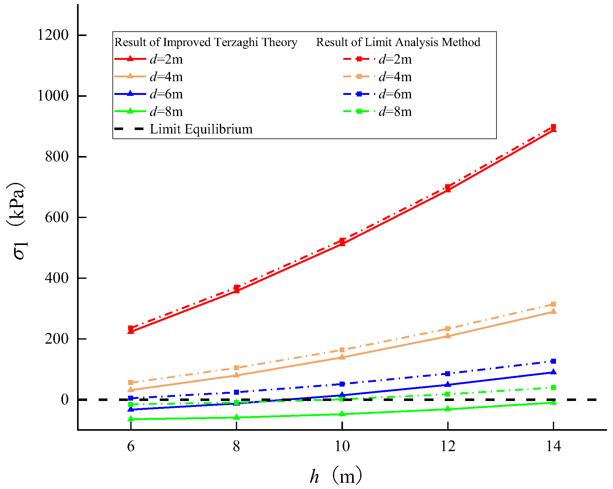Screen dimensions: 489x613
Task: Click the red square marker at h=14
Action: [553, 127]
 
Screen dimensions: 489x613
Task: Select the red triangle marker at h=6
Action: [131, 331]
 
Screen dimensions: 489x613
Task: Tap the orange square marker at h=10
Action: [342, 350]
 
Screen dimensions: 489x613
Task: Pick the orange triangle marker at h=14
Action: [553, 311]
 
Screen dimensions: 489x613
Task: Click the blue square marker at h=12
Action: [448, 374]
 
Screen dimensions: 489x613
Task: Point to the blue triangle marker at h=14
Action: [553, 372]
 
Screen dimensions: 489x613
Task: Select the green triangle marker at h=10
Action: [342, 414]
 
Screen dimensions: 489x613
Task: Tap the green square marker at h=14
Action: [553, 388]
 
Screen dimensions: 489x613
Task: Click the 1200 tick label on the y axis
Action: [53, 35]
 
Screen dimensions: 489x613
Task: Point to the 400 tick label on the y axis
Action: [56, 278]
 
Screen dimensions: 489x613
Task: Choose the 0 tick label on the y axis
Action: [65, 399]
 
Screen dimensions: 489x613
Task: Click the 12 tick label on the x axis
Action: [448, 446]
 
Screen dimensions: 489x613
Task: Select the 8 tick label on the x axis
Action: [236, 446]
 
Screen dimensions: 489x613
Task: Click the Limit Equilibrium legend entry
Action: [201, 129]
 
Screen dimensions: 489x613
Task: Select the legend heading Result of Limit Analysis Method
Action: [398, 42]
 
